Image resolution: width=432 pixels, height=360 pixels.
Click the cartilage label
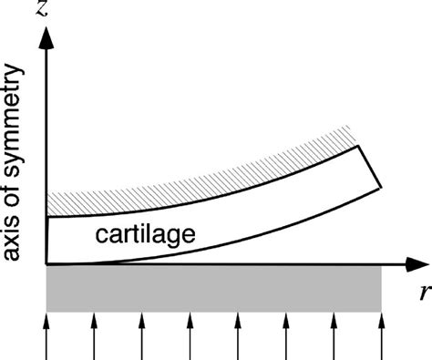pos(147,236)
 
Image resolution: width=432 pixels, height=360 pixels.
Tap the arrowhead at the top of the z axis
pos(46,36)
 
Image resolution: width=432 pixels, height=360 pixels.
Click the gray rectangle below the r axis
pos(213,289)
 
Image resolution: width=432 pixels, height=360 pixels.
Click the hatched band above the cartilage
pos(210,173)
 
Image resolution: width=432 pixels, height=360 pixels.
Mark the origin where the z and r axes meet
pos(46,265)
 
